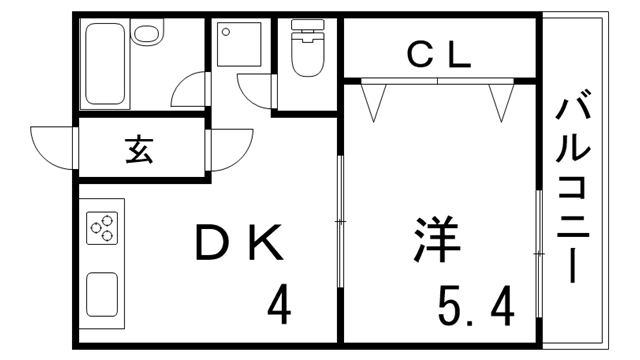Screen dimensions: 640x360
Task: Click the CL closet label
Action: [439, 57]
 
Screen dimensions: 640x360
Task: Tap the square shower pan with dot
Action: [236, 45]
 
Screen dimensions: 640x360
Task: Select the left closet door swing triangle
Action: [375, 97]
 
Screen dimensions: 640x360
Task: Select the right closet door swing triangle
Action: [501, 97]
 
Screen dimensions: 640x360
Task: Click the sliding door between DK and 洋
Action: [340, 220]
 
